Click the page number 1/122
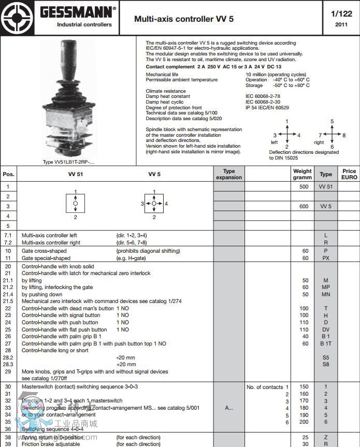[x=341, y=14]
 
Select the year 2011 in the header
[x=341, y=24]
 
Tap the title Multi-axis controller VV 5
[x=184, y=19]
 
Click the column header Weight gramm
[x=303, y=174]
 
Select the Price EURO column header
[x=349, y=174]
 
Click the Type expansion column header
[x=228, y=174]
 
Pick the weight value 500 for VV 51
[x=304, y=186]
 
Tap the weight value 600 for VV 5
[x=304, y=206]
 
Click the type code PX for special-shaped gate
[x=326, y=258]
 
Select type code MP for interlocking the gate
[x=326, y=287]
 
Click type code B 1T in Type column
[x=326, y=343]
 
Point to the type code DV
[x=326, y=329]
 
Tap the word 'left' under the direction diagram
[x=275, y=142]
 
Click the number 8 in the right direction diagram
[x=344, y=135]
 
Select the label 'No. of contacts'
[x=265, y=387]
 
